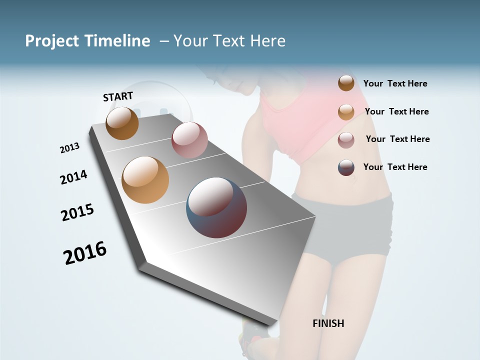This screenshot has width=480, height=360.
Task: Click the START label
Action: tap(118, 96)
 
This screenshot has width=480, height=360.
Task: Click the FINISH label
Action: tap(328, 323)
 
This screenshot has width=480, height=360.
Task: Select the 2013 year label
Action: tap(69, 148)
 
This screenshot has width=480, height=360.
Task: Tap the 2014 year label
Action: tap(73, 177)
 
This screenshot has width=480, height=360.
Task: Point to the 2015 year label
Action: tap(77, 212)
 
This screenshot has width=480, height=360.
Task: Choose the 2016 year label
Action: tap(85, 252)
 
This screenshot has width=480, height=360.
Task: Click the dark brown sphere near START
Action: tap(122, 123)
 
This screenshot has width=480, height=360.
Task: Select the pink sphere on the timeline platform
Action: tap(189, 140)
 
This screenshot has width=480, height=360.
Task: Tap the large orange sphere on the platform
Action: tap(145, 180)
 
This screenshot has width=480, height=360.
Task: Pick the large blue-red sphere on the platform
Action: tap(216, 207)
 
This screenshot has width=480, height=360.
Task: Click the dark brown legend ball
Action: tap(346, 83)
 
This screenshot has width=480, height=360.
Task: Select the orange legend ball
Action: tap(346, 111)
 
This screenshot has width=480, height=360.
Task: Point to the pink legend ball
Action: tap(346, 140)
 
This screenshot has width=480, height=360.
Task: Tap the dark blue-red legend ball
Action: tap(346, 167)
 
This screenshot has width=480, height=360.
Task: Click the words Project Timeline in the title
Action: tap(87, 41)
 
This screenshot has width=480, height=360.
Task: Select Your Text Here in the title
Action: tap(229, 41)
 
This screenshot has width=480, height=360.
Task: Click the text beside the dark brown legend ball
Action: tap(395, 83)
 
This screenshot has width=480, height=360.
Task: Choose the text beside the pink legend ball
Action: tap(397, 139)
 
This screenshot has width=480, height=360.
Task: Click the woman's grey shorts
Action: tap(345, 225)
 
